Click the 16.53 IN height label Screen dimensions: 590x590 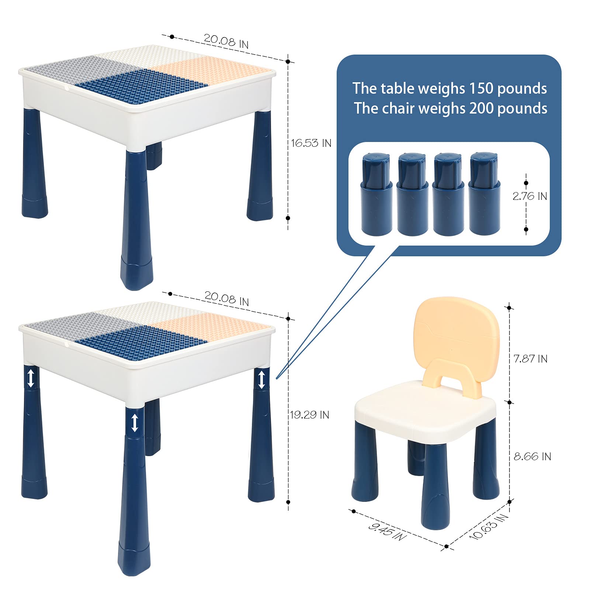(311, 143)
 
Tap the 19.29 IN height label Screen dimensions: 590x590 (309, 415)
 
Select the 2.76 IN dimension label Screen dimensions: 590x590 (530, 196)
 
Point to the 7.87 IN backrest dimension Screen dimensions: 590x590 (530, 358)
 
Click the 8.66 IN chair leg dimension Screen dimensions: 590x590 (532, 457)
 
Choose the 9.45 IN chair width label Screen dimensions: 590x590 (387, 531)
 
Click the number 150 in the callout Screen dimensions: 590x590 (481, 88)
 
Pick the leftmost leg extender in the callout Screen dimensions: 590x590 (376, 194)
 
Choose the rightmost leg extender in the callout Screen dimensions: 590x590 (484, 194)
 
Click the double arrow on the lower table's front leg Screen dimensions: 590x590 (135, 423)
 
